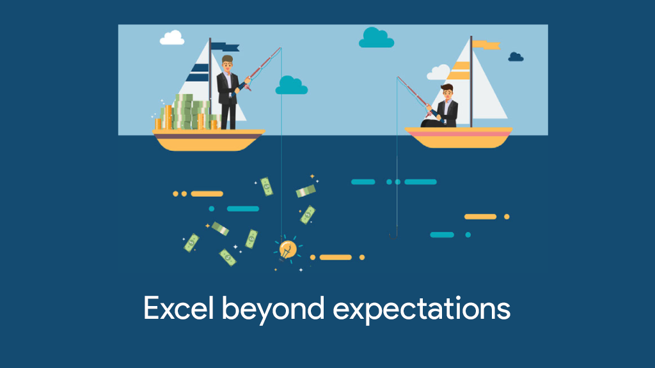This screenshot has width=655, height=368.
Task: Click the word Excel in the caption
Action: [178, 309]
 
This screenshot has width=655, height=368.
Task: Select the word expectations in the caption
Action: [422, 310]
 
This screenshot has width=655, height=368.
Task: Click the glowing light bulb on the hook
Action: [287, 250]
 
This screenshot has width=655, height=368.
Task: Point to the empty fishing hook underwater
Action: [393, 234]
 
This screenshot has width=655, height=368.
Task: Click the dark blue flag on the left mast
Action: [225, 47]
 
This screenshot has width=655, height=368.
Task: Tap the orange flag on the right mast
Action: [486, 45]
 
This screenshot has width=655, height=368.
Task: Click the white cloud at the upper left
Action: [172, 38]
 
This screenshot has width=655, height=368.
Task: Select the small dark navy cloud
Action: [516, 57]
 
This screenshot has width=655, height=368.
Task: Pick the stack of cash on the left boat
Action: [187, 112]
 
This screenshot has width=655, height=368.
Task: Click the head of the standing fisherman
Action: [227, 63]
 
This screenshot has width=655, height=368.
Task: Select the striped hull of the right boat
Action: [459, 137]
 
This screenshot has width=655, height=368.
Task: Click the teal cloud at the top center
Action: [376, 38]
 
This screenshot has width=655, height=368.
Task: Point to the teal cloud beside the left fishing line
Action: [292, 86]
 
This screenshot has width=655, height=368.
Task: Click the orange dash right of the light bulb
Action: [335, 257]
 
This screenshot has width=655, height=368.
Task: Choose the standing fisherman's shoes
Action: [228, 128]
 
